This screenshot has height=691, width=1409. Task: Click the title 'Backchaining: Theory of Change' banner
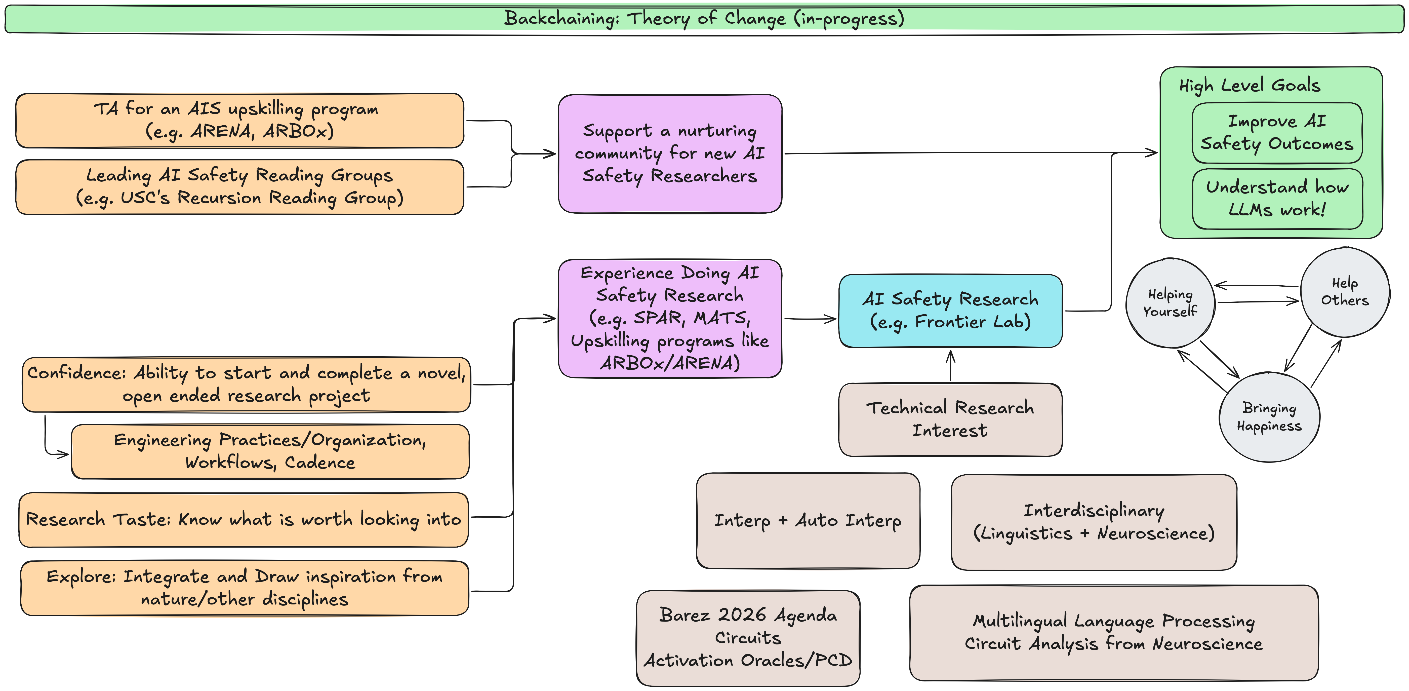tap(704, 19)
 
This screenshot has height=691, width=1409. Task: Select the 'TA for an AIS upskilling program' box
tap(239, 120)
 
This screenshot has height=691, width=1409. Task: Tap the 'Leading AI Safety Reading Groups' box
tap(239, 186)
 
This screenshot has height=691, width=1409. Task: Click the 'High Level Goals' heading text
tap(1249, 85)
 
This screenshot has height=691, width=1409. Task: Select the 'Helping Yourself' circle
tap(1170, 303)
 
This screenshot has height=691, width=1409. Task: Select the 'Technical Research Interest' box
tap(950, 419)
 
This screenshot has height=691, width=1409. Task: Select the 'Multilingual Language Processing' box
tap(1114, 632)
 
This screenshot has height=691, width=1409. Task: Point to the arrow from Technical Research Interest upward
tap(951, 365)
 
